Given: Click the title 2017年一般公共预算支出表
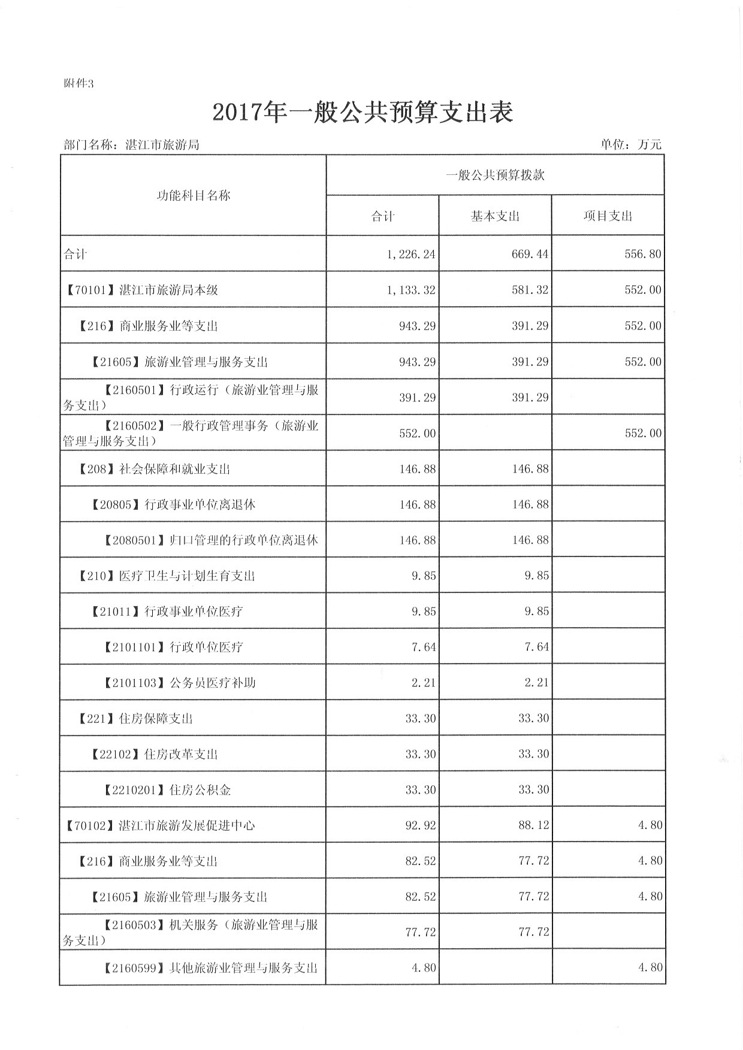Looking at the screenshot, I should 363,113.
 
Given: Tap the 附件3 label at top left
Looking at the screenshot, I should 78,84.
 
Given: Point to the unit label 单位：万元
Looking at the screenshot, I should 631,144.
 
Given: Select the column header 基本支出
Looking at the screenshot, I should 495,216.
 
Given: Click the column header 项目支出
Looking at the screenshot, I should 608,216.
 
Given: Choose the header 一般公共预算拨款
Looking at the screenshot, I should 495,175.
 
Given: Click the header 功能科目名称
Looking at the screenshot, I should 193,196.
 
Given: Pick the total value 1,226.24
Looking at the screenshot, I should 411,254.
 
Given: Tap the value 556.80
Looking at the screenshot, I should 643,254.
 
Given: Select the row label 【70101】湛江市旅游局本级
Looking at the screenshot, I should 141,290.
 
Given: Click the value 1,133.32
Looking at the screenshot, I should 411,290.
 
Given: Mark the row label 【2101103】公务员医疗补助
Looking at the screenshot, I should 179,683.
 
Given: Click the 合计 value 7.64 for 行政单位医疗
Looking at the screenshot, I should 424,647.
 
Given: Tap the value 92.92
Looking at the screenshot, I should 421,825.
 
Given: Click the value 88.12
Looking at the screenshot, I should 533,825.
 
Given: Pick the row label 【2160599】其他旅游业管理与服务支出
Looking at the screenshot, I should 210,968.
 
